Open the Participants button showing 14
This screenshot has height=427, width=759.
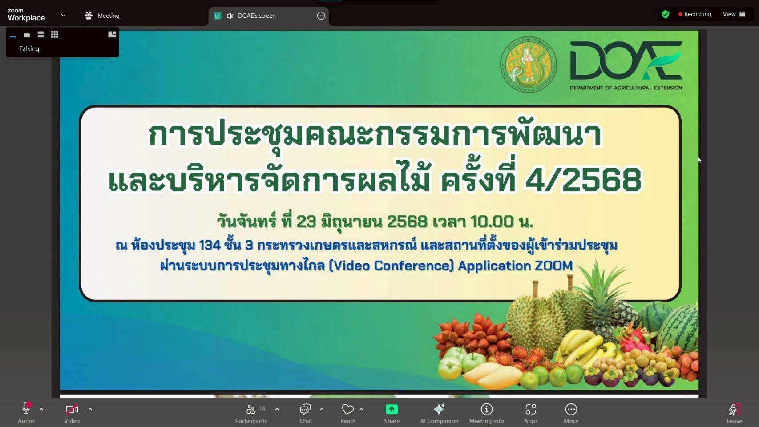pyautogui.click(x=251, y=413)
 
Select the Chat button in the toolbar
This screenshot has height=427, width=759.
pyautogui.click(x=305, y=413)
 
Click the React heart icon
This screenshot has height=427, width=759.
pyautogui.click(x=347, y=409)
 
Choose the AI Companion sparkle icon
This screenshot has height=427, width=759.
pyautogui.click(x=439, y=409)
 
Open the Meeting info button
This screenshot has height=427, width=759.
pyautogui.click(x=487, y=413)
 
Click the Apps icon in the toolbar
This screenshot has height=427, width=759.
pyautogui.click(x=531, y=409)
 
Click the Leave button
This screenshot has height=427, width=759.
pyautogui.click(x=734, y=413)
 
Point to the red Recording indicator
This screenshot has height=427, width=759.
pyautogui.click(x=694, y=14)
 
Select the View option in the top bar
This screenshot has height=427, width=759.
pyautogui.click(x=734, y=14)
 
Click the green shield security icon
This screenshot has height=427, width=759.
pyautogui.click(x=666, y=14)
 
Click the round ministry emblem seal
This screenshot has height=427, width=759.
pyautogui.click(x=528, y=64)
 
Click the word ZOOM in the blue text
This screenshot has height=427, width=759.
pyautogui.click(x=553, y=266)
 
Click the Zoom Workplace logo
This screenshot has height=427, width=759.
pyautogui.click(x=26, y=15)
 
